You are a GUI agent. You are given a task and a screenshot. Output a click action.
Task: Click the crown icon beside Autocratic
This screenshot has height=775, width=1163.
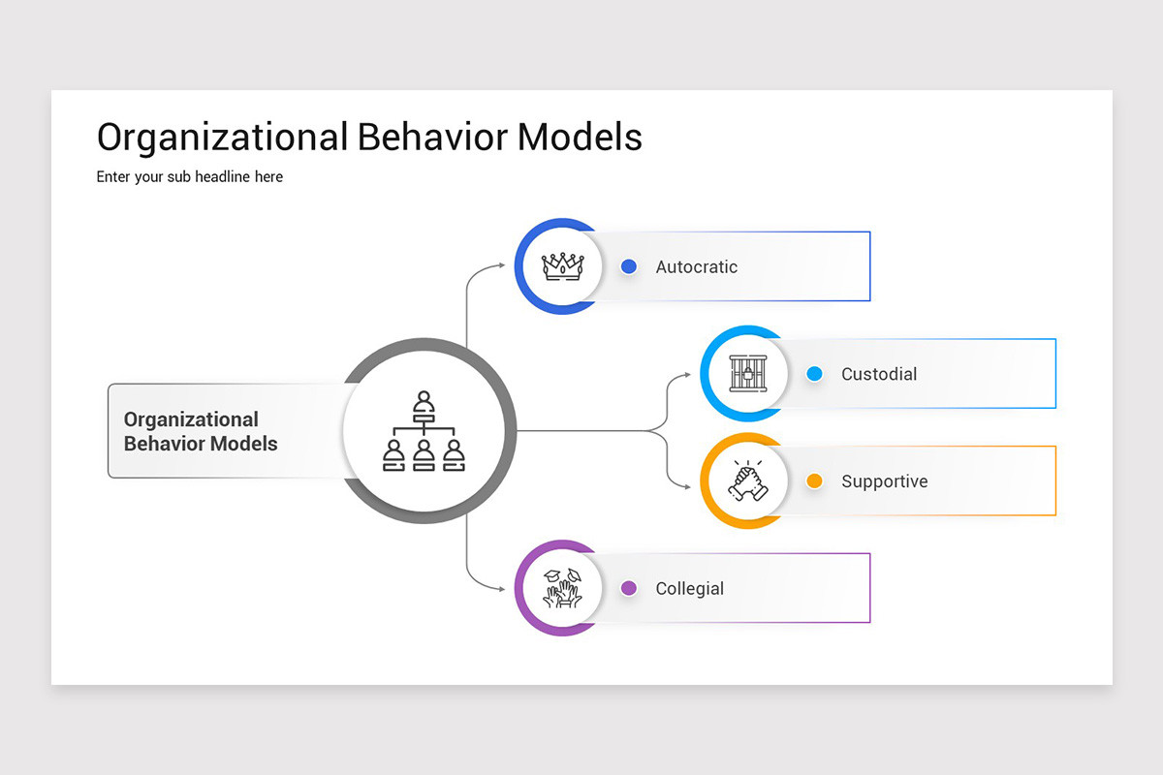coord(560,266)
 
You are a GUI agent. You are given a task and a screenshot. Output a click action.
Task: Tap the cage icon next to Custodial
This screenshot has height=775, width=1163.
coord(746,374)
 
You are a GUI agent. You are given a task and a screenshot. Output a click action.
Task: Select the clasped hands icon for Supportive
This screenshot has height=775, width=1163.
coord(746,480)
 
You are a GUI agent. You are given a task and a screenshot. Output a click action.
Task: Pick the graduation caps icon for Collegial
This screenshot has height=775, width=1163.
coord(561,588)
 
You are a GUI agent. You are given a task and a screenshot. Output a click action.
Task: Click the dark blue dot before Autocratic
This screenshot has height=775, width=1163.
coord(628,266)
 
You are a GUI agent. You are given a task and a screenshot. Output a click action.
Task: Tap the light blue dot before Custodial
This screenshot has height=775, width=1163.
coord(814,374)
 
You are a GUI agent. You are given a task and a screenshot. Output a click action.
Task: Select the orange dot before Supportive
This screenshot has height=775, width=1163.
coord(814,481)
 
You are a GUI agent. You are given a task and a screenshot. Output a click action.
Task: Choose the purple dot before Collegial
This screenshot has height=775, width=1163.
coord(628,588)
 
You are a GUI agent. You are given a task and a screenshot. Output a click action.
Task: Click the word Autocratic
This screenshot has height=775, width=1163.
coord(696,267)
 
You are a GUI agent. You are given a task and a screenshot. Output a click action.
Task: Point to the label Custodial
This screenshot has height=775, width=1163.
coord(878,374)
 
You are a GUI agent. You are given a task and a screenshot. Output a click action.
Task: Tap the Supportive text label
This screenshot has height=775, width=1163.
coord(884,481)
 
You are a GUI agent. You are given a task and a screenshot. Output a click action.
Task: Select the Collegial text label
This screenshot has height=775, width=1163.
coord(689,589)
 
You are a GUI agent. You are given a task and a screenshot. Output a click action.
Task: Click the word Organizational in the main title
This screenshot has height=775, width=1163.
coord(222,138)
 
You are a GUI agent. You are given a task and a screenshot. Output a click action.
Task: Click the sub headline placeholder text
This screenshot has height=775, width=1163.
coord(190,177)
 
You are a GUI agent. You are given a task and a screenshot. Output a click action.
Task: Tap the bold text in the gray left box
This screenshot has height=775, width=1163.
coord(201,432)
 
